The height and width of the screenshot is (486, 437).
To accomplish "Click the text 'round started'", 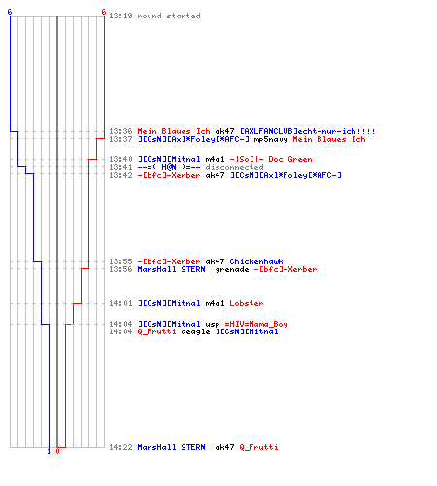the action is tap(169, 16).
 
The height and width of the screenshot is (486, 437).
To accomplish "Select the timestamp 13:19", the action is tap(120, 16).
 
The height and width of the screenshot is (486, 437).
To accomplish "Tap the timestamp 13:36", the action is tap(120, 131).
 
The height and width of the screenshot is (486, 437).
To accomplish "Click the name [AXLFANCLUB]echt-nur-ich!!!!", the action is tap(308, 131).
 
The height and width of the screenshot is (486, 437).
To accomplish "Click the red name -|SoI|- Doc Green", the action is tap(271, 159).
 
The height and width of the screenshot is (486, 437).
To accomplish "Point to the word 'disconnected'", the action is tap(234, 167).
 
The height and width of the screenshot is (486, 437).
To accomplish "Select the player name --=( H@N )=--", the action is tap(169, 167).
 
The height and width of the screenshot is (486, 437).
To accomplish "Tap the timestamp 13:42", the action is tap(120, 175).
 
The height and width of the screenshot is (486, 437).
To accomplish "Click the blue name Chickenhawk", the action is tap(256, 261).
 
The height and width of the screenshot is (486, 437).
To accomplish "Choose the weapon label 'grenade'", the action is tap(232, 269).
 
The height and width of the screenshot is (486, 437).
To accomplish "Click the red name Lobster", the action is tap(247, 303).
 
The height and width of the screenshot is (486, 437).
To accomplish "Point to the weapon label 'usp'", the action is tap(213, 325).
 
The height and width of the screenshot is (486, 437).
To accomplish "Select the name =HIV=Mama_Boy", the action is tap(256, 324).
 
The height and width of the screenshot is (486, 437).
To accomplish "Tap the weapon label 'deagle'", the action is tap(195, 331).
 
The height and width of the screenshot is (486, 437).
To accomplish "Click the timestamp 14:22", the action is tap(120, 447).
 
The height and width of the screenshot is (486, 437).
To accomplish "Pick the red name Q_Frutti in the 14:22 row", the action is tap(258, 447).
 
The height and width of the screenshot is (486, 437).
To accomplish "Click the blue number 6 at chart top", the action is tap(10, 12).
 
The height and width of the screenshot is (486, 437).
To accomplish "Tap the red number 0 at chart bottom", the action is tap(57, 451).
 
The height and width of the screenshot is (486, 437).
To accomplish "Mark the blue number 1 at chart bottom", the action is tap(49, 451).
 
